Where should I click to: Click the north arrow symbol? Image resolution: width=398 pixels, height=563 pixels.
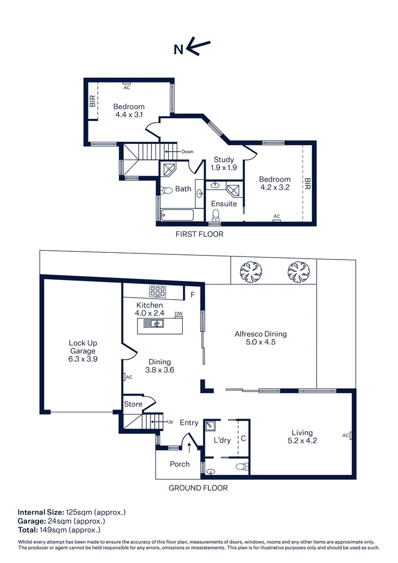(198, 48)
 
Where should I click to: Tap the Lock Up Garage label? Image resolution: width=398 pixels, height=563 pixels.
(83, 351)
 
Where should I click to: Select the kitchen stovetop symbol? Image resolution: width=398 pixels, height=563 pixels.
(158, 291)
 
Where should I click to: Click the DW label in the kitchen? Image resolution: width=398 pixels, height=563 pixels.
(179, 313)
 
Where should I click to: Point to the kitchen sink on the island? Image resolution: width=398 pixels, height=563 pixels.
(155, 324)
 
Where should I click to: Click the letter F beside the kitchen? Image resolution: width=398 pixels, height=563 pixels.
(193, 295)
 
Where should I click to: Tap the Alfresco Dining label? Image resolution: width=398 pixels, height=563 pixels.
(260, 338)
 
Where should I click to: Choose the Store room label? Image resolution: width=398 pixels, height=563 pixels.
(133, 404)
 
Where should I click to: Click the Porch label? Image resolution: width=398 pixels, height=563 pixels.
(180, 464)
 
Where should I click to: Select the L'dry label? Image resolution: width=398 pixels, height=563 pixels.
(222, 440)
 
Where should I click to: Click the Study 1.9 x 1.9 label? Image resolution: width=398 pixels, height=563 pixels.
(224, 164)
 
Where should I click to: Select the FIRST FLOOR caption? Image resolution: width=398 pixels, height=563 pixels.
(199, 234)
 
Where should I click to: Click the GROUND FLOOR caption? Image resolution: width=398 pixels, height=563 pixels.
(198, 488)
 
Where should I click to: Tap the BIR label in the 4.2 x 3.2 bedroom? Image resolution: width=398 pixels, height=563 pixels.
(307, 183)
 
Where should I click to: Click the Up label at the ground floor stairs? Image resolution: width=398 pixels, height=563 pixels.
(170, 421)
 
